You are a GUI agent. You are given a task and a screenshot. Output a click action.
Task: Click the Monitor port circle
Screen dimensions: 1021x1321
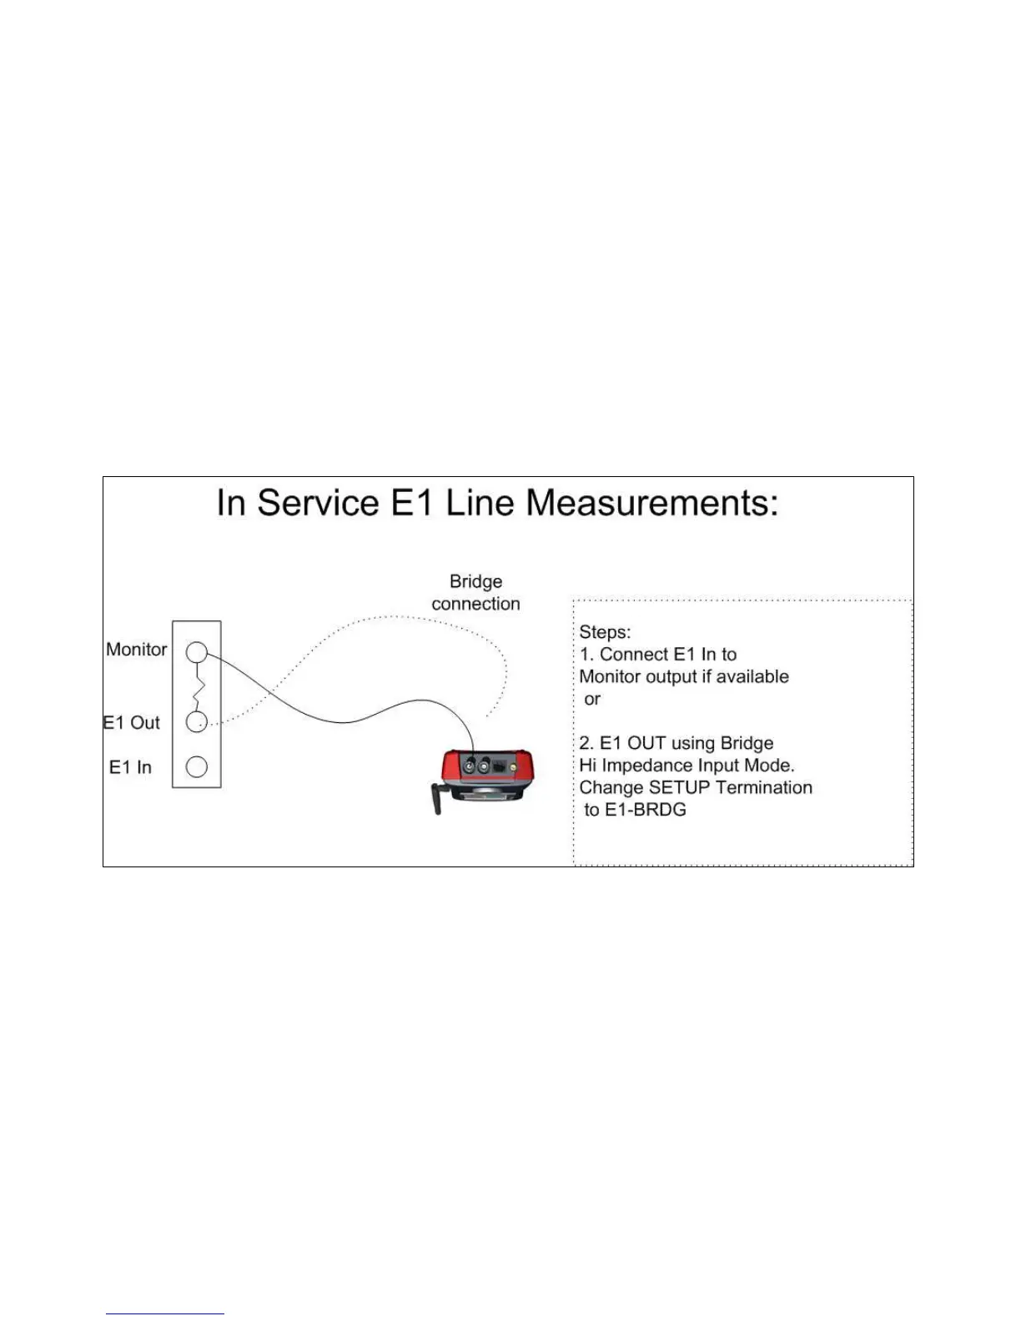tap(196, 651)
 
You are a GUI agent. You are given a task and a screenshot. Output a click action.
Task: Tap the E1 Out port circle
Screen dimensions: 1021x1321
tap(196, 722)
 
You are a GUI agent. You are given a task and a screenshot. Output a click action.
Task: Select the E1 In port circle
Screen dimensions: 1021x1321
tap(196, 766)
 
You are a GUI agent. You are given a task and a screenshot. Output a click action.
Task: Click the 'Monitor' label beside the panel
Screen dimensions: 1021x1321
tap(136, 650)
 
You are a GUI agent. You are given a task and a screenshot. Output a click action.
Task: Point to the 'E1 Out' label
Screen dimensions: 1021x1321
tap(131, 723)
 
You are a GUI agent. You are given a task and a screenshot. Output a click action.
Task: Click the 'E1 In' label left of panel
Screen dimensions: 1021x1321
tap(130, 767)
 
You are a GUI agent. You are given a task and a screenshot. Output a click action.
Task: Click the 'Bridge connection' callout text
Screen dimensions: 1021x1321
tap(475, 592)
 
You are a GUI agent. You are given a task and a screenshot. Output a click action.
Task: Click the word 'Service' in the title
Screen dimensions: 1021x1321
tap(318, 503)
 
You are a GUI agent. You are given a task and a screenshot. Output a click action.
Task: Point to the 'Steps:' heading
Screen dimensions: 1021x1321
tap(605, 632)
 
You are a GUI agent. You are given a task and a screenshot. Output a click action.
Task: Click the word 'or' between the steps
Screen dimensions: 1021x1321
tap(592, 699)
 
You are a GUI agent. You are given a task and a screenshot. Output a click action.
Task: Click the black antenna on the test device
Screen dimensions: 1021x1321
tap(435, 798)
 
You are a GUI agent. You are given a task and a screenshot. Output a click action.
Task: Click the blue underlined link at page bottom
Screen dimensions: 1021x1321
tap(165, 1313)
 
